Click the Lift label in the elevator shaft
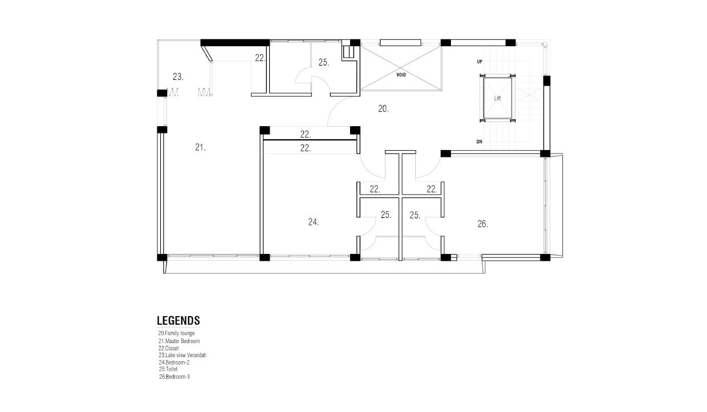click(497, 98)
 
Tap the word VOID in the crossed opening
click(401, 75)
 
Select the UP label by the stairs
click(480, 62)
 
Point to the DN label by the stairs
click(479, 142)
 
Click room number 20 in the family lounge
click(383, 108)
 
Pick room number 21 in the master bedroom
click(200, 147)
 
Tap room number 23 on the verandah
click(178, 76)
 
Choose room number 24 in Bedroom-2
click(314, 222)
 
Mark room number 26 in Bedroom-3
click(482, 224)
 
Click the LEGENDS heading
click(178, 320)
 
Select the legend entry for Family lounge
click(176, 333)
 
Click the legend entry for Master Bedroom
click(179, 341)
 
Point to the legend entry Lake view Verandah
click(182, 355)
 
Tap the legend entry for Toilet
click(168, 369)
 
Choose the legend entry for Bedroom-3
click(174, 377)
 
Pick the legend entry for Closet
click(169, 348)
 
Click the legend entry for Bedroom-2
click(174, 362)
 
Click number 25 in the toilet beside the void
click(324, 63)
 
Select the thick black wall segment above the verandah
click(235, 43)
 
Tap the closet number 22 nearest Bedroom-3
click(432, 189)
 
